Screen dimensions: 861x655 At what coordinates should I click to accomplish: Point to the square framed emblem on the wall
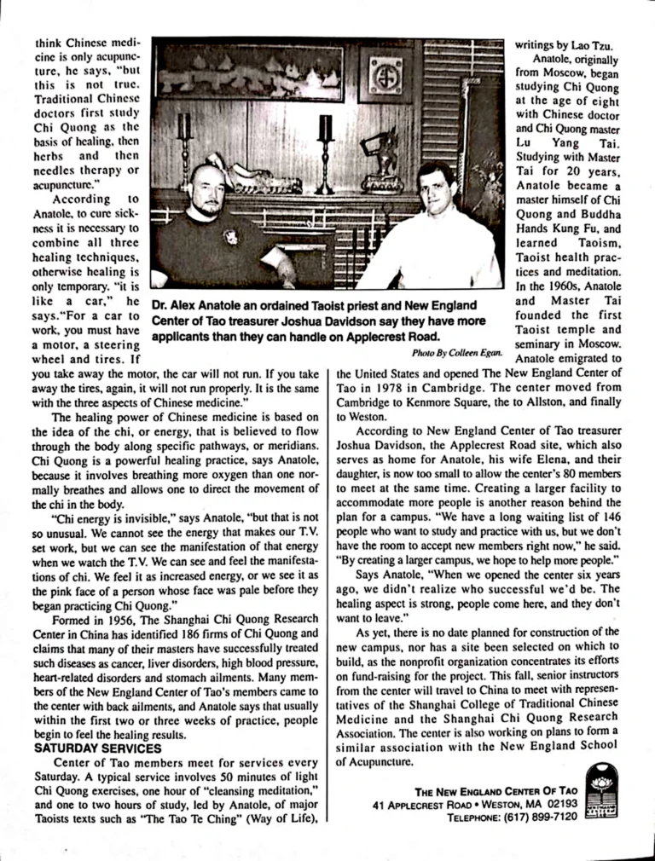[x=385, y=74]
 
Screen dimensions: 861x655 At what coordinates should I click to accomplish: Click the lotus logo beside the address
[x=601, y=789]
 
